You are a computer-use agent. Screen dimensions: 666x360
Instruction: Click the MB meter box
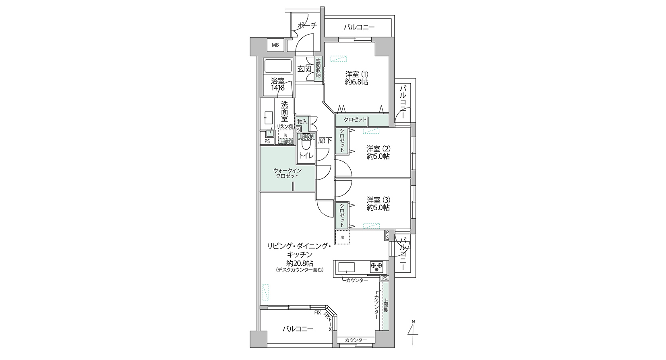click(275, 45)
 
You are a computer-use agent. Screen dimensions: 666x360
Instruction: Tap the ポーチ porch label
click(307, 25)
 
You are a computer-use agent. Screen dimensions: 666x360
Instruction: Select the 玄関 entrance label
click(304, 69)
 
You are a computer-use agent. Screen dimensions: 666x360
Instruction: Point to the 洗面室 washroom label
click(285, 112)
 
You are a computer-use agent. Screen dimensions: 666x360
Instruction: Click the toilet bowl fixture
click(306, 145)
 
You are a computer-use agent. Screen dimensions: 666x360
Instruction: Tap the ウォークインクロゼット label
click(287, 173)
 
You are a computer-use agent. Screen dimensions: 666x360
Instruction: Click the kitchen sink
click(346, 267)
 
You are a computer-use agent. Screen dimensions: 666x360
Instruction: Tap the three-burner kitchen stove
click(377, 267)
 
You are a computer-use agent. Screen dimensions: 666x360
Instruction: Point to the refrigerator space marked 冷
click(342, 237)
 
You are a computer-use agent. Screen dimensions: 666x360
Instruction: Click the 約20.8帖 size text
click(300, 263)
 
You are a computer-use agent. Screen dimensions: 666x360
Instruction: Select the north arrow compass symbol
click(413, 332)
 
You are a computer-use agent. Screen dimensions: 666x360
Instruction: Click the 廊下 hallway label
click(325, 141)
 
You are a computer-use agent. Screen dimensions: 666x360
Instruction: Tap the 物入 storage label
click(302, 122)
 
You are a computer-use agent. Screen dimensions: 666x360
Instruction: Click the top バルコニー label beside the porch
click(359, 27)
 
